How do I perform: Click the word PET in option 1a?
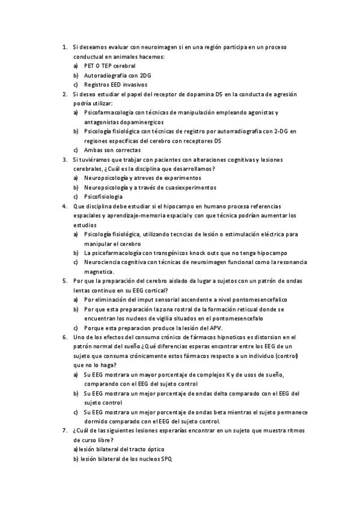pos(90,66)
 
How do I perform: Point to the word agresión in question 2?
pos(283,94)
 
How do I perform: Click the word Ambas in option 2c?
pos(93,150)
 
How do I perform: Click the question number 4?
pos(64,206)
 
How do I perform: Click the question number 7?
pos(64,431)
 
